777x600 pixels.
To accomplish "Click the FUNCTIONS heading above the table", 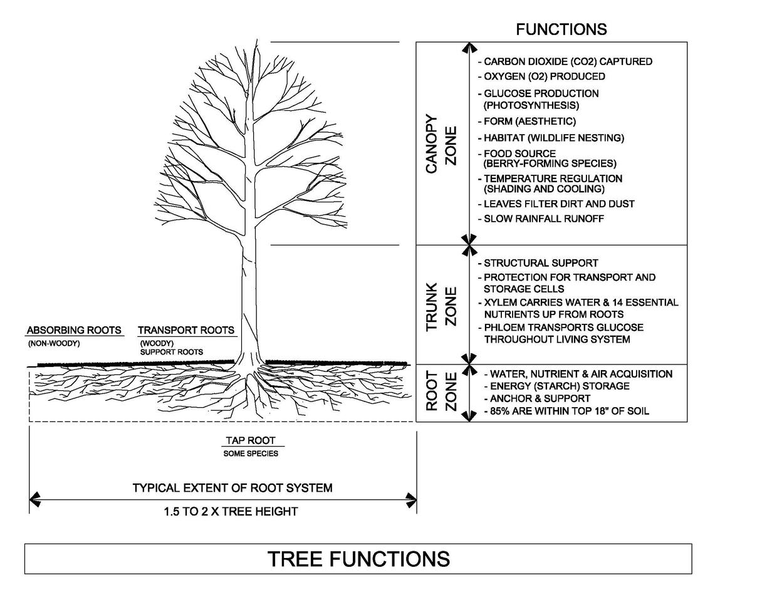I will [x=561, y=29].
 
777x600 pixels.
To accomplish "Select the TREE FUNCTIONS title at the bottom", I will [x=358, y=559].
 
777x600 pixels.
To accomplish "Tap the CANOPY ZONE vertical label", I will [x=441, y=144].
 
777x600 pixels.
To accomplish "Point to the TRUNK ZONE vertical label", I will [x=441, y=307].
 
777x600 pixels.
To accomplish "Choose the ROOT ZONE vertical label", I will [x=441, y=391].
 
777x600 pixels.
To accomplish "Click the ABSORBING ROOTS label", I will [x=74, y=330].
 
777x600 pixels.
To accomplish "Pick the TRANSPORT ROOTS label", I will [x=186, y=330].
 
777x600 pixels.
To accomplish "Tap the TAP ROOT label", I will [x=251, y=441].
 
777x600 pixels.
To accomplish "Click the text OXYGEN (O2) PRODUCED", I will [x=544, y=76].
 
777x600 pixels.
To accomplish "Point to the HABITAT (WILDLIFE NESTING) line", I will [x=553, y=138].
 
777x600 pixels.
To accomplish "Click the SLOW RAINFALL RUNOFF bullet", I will [x=543, y=219].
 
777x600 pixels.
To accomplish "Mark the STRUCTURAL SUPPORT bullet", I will [x=540, y=263].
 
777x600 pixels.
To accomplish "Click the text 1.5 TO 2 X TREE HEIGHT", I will [x=231, y=512].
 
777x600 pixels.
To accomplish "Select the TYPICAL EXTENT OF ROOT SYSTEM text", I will [x=232, y=488].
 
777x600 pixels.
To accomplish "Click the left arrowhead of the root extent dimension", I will [x=34, y=500].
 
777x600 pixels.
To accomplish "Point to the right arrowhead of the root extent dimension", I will [x=412, y=500].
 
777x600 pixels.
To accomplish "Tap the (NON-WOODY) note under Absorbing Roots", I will [x=54, y=344].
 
